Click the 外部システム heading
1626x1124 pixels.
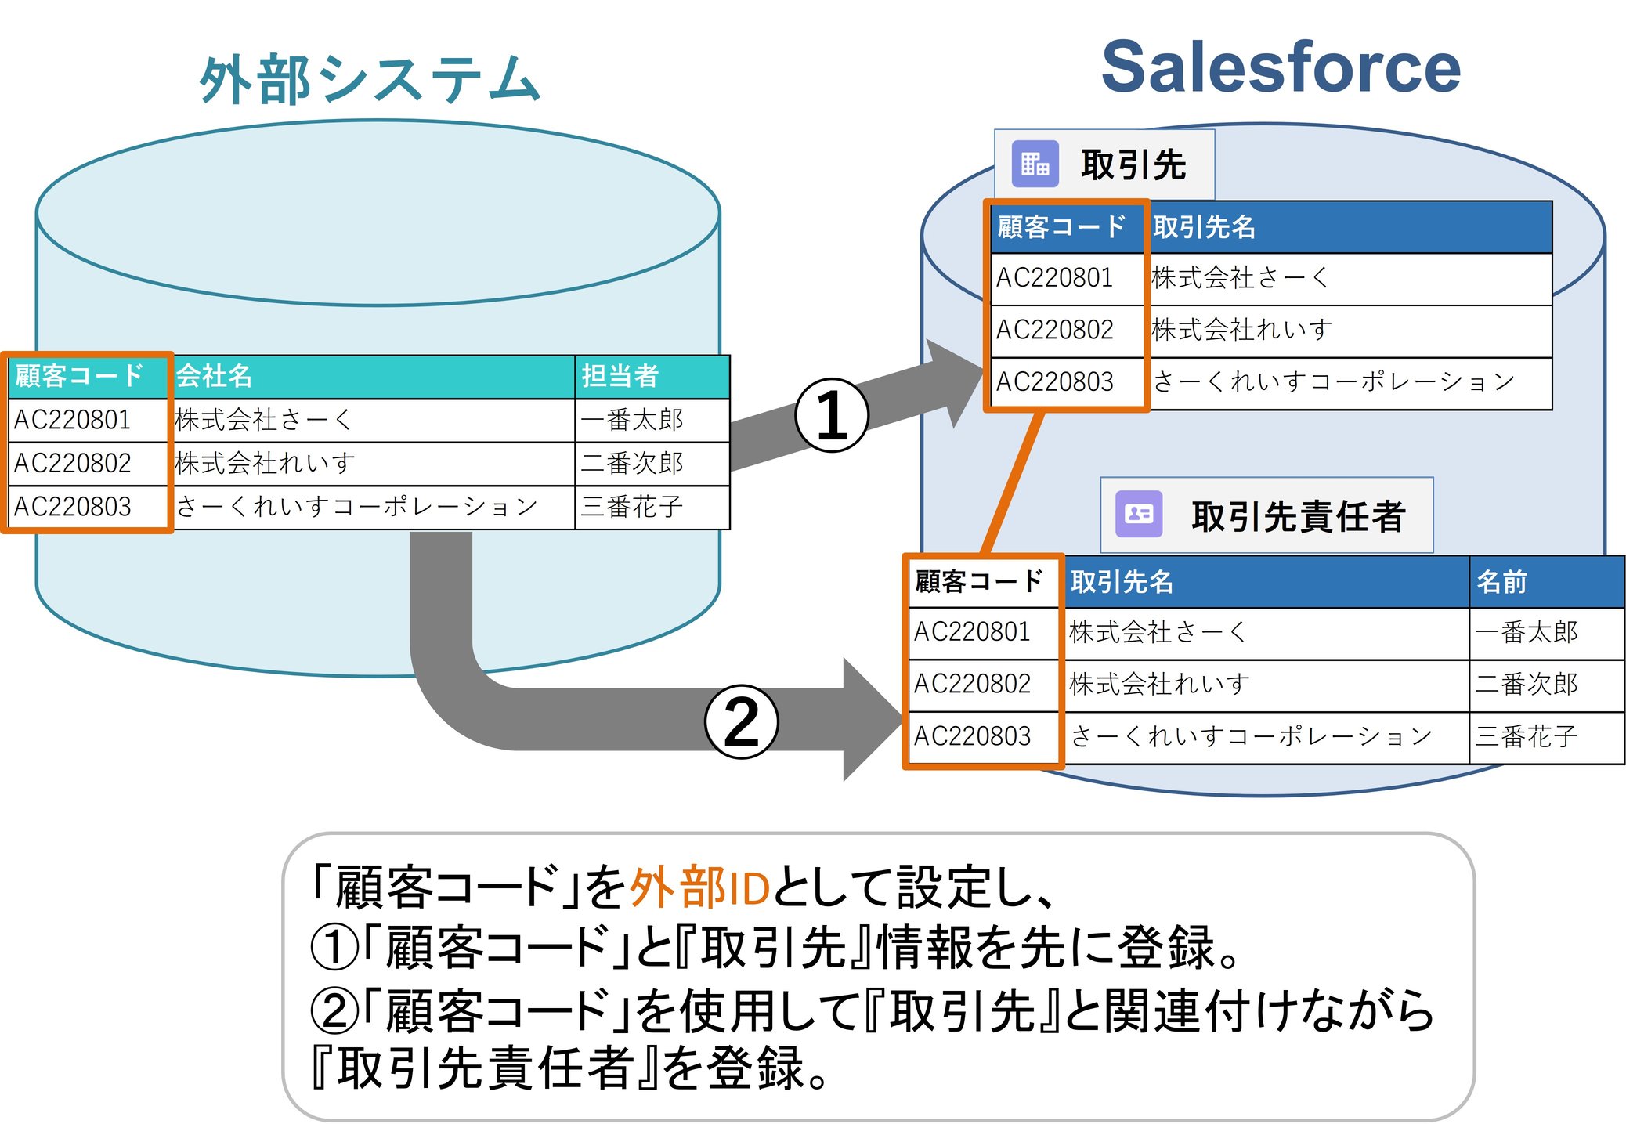[370, 79]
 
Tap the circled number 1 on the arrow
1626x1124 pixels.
[831, 415]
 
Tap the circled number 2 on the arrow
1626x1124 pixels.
[741, 721]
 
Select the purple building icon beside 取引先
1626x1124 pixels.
[1034, 164]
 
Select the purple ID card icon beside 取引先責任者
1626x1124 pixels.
[1138, 514]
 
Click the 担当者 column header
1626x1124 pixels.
[620, 376]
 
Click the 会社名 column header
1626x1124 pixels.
[214, 376]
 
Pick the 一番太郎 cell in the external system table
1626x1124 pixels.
[631, 420]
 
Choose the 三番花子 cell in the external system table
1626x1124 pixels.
[631, 507]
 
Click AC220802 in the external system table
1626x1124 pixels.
[72, 463]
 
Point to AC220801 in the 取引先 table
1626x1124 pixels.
[1054, 277]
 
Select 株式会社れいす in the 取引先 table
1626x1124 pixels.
[1241, 330]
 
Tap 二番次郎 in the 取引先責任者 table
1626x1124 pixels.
[1526, 684]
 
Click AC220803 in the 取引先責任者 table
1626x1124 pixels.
[972, 736]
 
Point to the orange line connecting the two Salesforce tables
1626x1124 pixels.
[1014, 482]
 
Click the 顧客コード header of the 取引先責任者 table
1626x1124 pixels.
[979, 582]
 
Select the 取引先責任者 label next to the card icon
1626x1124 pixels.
[1298, 516]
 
